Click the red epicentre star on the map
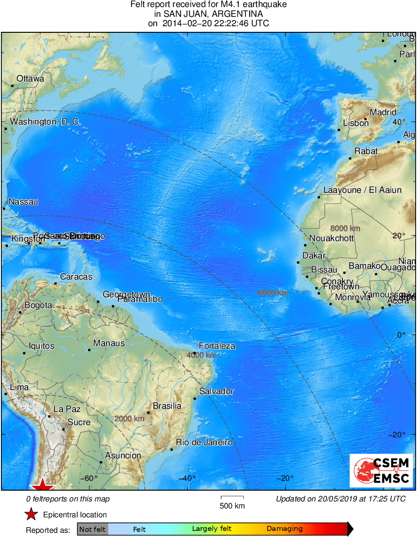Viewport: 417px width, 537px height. [43, 485]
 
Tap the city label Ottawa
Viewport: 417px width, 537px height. [30, 79]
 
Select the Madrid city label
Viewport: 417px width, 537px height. [383, 112]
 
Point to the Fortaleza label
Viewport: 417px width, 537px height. [217, 346]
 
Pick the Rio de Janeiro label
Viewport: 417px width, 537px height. [204, 442]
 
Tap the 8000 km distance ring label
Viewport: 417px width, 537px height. [345, 228]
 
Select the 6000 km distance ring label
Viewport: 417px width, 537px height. [273, 293]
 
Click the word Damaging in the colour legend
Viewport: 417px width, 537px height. [284, 529]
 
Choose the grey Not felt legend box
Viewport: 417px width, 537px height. [92, 529]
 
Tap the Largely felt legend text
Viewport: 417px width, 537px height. [212, 529]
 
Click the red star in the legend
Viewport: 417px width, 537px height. [31, 515]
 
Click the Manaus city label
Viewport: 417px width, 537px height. [109, 343]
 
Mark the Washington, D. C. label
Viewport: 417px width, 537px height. [45, 122]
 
